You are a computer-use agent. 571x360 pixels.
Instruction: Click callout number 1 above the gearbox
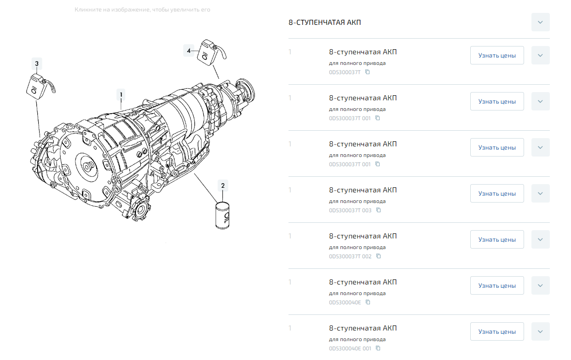click(121, 95)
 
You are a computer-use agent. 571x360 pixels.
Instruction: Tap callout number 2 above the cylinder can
click(223, 186)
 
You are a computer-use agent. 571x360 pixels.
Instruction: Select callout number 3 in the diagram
click(37, 64)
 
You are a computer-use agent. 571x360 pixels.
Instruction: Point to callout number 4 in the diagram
click(189, 51)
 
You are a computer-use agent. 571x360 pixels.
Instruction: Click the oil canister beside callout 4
click(211, 52)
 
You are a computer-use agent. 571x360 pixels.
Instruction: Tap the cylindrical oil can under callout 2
click(222, 215)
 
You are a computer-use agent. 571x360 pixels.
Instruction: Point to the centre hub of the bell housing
click(87, 167)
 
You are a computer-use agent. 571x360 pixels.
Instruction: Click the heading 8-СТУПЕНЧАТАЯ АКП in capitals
click(324, 23)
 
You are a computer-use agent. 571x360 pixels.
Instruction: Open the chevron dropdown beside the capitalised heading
click(541, 22)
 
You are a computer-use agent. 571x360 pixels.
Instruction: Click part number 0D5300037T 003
click(350, 210)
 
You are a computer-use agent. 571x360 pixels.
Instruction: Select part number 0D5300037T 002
click(350, 256)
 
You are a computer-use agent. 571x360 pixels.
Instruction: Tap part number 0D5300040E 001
click(350, 348)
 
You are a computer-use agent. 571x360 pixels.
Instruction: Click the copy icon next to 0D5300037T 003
click(379, 210)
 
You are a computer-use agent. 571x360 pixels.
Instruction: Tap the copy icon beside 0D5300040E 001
click(378, 348)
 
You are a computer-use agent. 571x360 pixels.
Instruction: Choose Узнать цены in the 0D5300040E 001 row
click(497, 331)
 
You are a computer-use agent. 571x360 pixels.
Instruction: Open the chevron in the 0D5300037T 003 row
click(541, 193)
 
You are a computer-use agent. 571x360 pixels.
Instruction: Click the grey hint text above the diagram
click(142, 10)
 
